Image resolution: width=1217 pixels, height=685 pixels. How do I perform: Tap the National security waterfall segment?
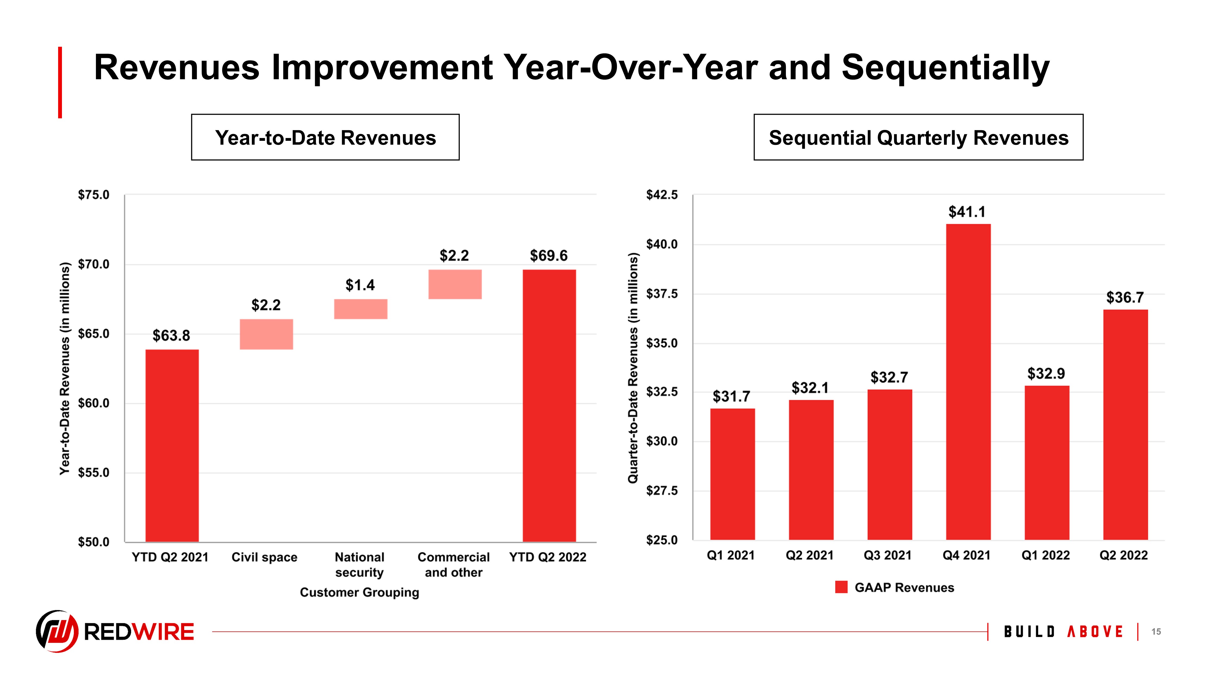(360, 309)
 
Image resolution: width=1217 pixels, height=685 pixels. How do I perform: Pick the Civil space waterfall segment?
(266, 334)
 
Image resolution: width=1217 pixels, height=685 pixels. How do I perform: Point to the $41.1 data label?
(967, 212)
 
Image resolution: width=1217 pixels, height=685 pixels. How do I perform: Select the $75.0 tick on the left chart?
(93, 195)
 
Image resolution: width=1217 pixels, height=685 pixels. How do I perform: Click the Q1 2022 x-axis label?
(1046, 555)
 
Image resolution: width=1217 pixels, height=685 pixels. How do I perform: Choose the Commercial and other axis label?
(454, 565)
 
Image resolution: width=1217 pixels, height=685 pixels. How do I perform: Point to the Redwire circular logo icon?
(57, 631)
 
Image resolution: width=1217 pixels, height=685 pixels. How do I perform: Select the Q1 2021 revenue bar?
(732, 474)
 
